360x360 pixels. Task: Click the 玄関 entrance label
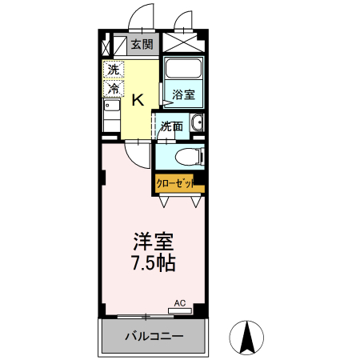[142, 44]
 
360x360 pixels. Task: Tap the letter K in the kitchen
[138, 99]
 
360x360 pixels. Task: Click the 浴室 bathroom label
[182, 95]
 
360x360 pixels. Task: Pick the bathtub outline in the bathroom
[183, 71]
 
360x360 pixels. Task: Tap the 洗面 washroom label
[170, 126]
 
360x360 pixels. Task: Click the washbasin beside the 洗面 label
[197, 124]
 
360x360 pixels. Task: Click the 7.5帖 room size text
[150, 262]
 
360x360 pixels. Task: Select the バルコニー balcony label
[154, 337]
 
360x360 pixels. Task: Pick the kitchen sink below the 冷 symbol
[112, 107]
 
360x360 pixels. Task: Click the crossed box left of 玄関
[116, 44]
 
